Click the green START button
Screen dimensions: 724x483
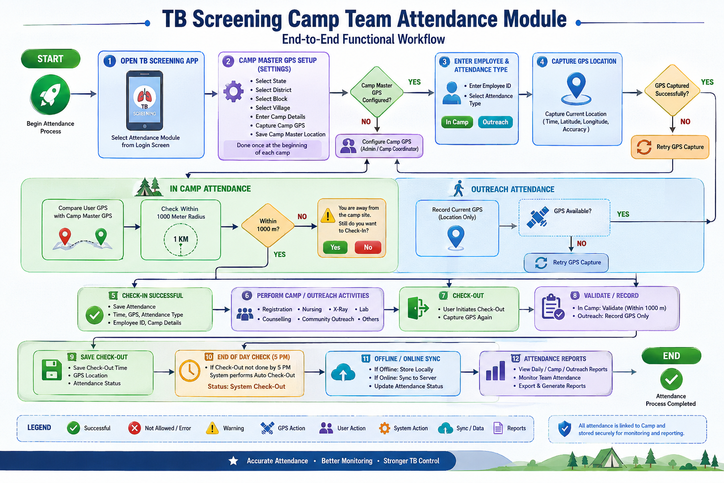[x=50, y=58]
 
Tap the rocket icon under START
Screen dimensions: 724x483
[x=50, y=94]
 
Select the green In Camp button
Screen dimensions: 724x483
[x=457, y=122]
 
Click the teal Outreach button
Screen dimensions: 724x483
[x=495, y=122]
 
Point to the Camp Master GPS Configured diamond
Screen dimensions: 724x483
[x=377, y=92]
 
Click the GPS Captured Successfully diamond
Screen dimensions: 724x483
[x=672, y=90]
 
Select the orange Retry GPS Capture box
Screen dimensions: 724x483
[x=670, y=147]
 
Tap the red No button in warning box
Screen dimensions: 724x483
[x=368, y=247]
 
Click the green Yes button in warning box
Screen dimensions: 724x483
[x=335, y=247]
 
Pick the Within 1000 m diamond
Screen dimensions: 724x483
[x=268, y=225]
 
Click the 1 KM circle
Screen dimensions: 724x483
[x=181, y=240]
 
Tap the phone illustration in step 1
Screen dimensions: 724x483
[x=145, y=100]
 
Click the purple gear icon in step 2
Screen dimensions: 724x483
[x=233, y=92]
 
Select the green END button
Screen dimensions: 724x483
[x=671, y=356]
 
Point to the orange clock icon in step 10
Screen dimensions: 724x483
[x=189, y=370]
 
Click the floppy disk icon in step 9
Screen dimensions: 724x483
[x=52, y=370]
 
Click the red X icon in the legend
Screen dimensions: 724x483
[x=134, y=428]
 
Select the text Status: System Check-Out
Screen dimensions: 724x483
[x=247, y=387]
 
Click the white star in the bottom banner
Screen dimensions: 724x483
[x=233, y=461]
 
